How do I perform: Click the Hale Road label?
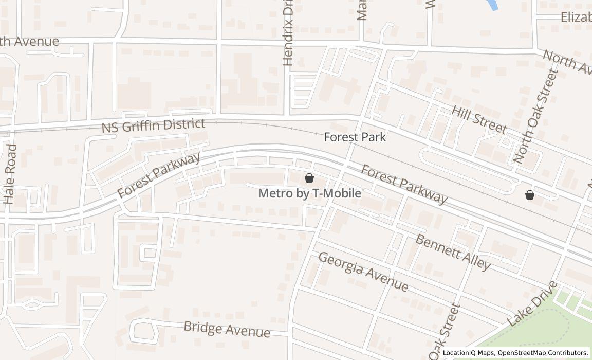(10, 174)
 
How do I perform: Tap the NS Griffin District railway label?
(153, 125)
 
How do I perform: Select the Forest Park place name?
(355, 137)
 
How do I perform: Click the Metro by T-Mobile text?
(309, 193)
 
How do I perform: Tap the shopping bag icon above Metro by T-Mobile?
(309, 178)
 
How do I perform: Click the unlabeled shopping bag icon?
(530, 195)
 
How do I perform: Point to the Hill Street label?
(479, 119)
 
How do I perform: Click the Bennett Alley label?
(453, 252)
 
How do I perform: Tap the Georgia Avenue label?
(363, 271)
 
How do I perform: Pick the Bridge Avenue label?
(227, 329)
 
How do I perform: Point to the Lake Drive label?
(532, 303)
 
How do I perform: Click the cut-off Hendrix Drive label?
(288, 33)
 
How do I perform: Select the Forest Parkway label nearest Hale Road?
(158, 175)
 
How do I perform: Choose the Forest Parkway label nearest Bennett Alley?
(404, 184)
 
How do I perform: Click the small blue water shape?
(492, 5)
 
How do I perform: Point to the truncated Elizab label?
(576, 17)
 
